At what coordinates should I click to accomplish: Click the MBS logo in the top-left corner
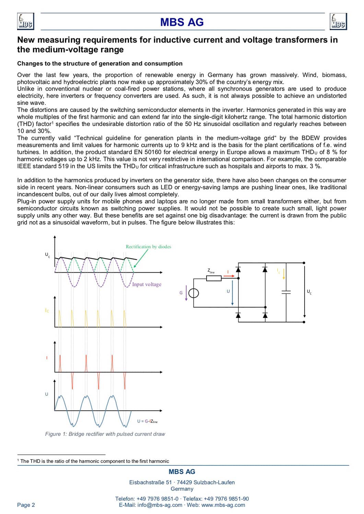(25, 21)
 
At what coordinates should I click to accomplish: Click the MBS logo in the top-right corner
(338, 21)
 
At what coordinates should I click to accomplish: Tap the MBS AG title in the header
(182, 22)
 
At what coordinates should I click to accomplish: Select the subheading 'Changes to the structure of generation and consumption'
(99, 63)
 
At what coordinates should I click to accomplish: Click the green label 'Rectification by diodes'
(148, 247)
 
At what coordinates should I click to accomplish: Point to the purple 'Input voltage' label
(146, 284)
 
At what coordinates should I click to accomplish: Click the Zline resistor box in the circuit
(214, 278)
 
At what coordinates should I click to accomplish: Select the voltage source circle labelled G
(194, 293)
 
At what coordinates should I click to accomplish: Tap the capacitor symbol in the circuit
(286, 292)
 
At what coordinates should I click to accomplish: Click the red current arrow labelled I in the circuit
(229, 276)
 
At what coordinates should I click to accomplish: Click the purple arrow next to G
(186, 293)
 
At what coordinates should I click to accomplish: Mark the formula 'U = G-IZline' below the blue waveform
(147, 421)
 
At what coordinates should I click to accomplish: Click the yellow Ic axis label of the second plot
(47, 310)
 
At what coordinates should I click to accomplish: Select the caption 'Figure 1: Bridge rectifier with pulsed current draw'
(105, 434)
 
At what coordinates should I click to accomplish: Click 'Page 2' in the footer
(26, 505)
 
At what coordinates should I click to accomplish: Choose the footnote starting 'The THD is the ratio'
(94, 461)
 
